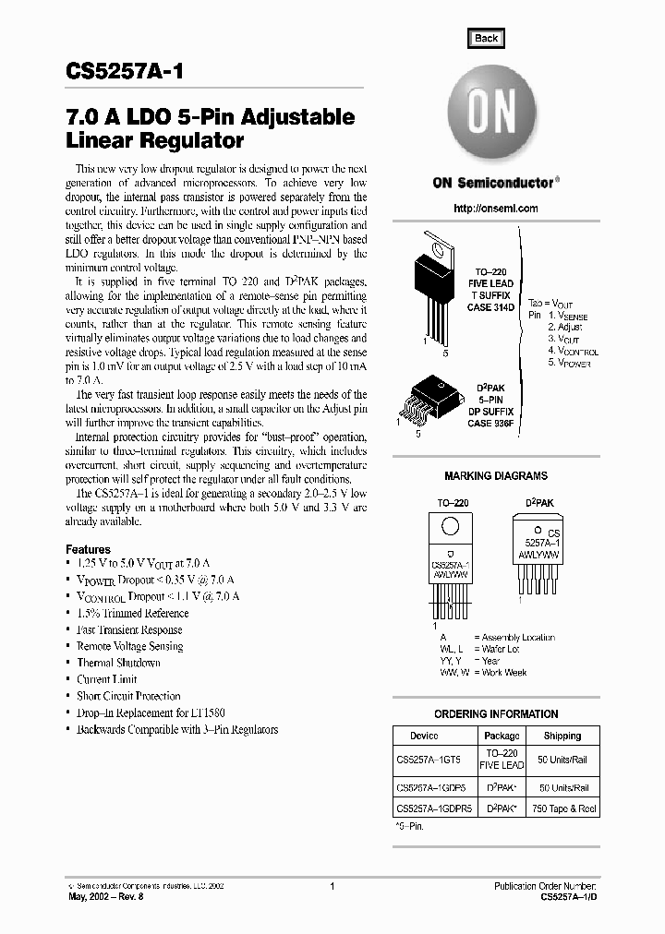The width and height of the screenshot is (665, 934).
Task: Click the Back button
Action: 486,38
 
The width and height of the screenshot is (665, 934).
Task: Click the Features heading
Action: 88,548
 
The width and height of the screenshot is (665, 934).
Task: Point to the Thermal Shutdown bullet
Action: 118,663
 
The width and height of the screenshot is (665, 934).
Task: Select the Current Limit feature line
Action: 106,679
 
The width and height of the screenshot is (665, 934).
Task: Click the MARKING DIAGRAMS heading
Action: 495,476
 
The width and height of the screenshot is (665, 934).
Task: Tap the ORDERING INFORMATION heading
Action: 496,714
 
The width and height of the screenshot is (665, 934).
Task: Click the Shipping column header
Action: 562,736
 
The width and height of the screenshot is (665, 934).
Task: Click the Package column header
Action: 502,736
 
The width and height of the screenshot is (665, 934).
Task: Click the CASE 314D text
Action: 490,306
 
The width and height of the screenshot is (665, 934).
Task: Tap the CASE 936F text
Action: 490,423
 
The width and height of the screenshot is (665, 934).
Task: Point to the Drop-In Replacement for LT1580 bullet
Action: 151,712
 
